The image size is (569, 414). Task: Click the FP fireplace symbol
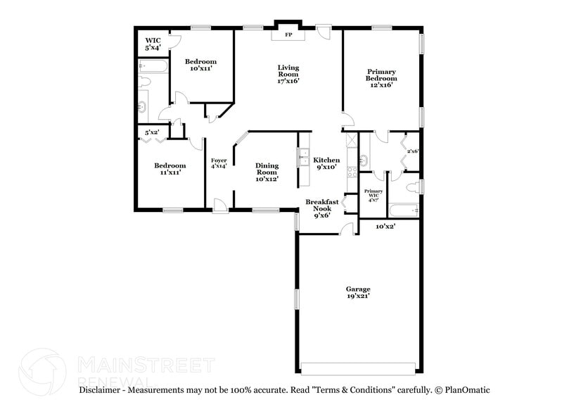coord(288,33)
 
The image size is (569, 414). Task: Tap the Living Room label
coord(288,74)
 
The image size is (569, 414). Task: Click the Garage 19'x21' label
coord(357,292)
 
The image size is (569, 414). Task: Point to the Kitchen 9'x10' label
coord(326,163)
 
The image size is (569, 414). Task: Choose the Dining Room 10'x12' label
coord(267,172)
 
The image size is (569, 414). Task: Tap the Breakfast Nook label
coord(321,208)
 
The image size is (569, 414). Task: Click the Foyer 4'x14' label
coord(219,163)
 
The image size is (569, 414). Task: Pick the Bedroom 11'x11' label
coord(170,169)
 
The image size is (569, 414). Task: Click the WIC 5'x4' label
coord(153,44)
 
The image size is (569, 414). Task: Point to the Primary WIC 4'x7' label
coord(373,195)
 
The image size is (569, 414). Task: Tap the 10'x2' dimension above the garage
coord(385,227)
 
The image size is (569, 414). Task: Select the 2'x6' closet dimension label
coord(413,151)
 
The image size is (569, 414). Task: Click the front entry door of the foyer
coord(220,205)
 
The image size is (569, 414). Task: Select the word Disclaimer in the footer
coord(103,390)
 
